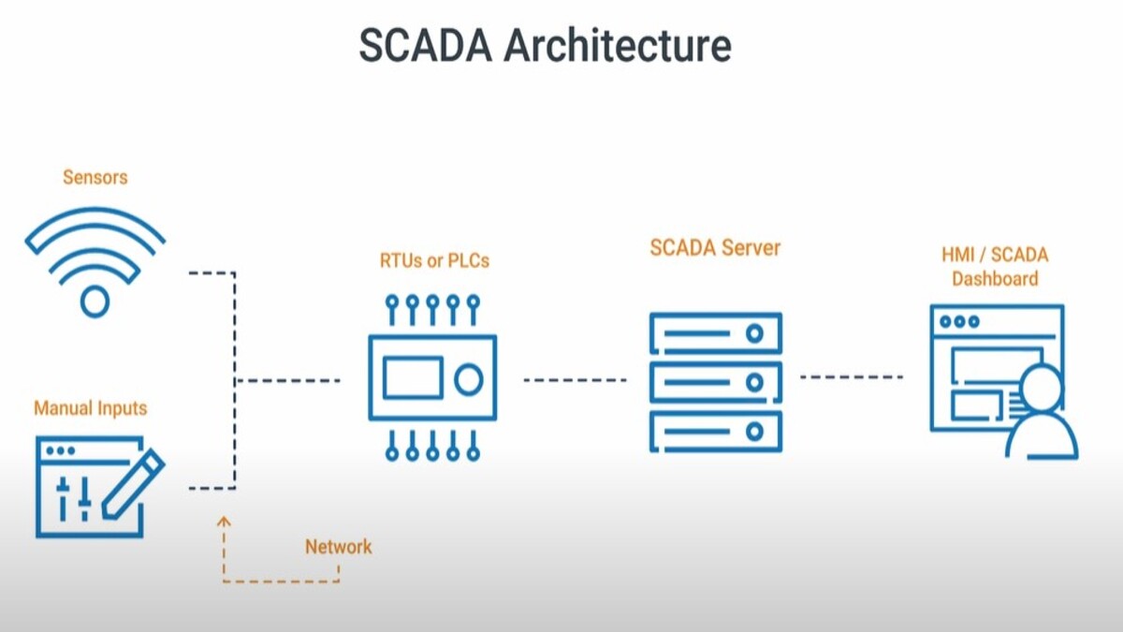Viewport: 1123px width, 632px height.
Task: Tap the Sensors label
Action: [95, 177]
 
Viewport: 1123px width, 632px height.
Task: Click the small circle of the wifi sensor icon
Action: [95, 301]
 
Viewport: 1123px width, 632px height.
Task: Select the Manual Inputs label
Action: [91, 409]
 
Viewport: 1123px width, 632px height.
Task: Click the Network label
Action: [338, 547]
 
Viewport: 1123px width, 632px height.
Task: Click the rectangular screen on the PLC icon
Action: [412, 378]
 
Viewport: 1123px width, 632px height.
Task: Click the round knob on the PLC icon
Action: [468, 379]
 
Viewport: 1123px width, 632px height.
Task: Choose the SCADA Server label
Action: [715, 249]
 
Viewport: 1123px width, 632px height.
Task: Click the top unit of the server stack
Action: [715, 332]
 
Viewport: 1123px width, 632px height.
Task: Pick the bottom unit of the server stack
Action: [715, 432]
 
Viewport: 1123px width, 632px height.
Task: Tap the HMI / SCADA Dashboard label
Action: [995, 267]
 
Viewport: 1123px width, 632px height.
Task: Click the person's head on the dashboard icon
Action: [1043, 387]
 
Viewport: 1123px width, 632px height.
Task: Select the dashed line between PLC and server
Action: [575, 380]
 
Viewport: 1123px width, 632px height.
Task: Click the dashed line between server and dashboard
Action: [851, 377]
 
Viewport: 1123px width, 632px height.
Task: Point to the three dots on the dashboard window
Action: [959, 321]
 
